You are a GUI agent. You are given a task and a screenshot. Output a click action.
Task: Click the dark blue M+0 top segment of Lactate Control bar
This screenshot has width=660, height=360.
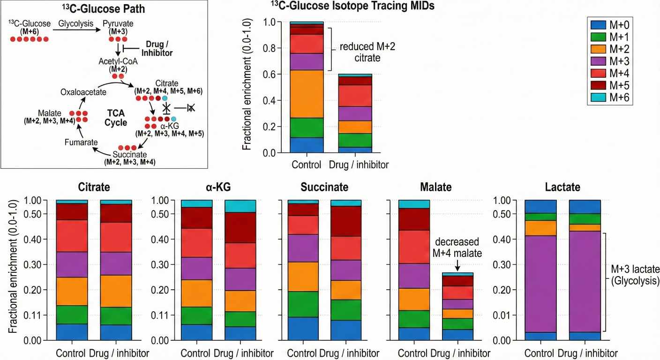pos(540,206)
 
